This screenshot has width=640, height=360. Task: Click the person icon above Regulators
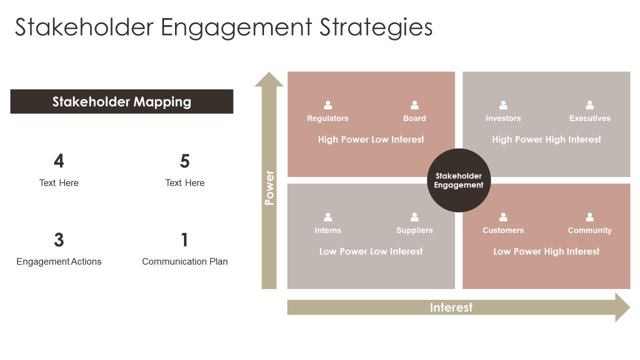point(327,105)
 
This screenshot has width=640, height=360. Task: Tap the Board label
point(414,118)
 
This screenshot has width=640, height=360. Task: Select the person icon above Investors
point(503,105)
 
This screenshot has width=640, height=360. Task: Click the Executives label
point(589,118)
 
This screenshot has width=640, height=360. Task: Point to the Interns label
point(327,230)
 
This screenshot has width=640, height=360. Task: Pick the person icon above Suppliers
point(414,217)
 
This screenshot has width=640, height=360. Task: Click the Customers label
point(503,230)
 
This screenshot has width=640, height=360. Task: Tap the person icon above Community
point(589,217)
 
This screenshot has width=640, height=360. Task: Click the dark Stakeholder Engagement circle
point(459,180)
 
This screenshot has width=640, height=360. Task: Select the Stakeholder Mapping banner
point(121,101)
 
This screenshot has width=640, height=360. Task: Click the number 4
point(59,161)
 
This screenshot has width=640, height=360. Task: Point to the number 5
point(185,161)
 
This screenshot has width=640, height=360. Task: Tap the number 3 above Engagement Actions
point(59,239)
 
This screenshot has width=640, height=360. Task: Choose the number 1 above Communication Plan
point(184,239)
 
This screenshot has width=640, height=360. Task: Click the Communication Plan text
point(185,261)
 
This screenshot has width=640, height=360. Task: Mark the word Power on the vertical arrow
point(269,187)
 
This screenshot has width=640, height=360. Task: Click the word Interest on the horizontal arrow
point(451,307)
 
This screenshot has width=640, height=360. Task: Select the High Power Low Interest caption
point(371,139)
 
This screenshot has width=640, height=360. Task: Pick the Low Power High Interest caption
point(546,251)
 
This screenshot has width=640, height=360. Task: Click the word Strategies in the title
point(376,27)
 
